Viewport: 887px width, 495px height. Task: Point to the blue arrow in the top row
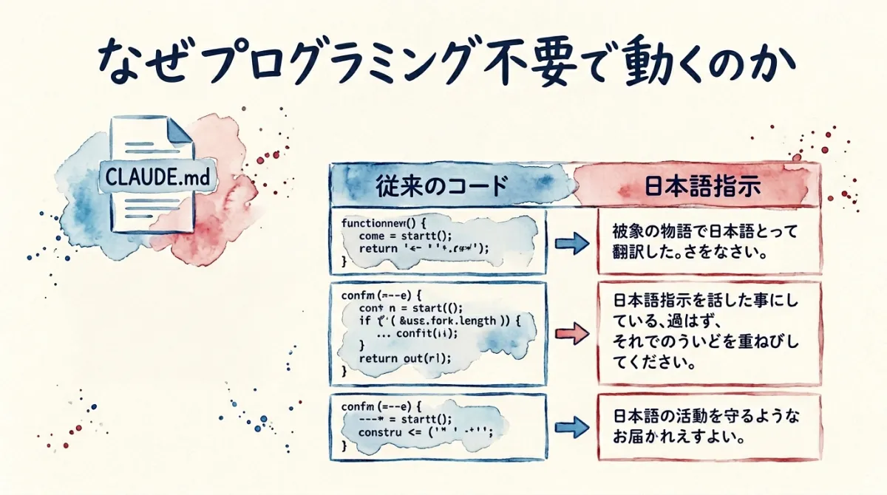pyautogui.click(x=569, y=243)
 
